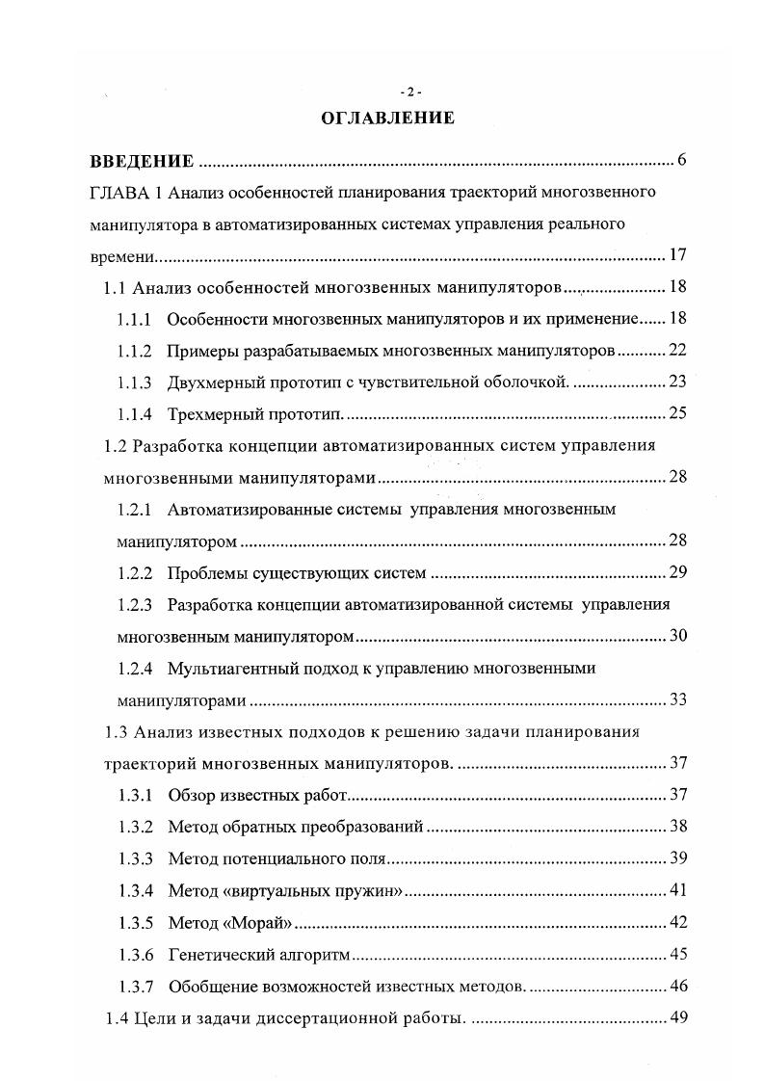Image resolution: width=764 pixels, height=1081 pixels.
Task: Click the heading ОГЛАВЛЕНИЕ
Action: (386, 119)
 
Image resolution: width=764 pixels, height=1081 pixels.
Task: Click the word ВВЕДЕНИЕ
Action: (142, 161)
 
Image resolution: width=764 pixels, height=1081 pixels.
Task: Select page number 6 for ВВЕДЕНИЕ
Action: (681, 160)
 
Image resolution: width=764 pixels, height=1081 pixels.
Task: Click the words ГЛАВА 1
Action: (120, 192)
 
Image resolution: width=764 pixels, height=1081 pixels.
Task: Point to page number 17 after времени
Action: (676, 255)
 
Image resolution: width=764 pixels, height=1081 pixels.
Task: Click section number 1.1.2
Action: (134, 349)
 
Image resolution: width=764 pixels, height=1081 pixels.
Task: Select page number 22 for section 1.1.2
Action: (676, 349)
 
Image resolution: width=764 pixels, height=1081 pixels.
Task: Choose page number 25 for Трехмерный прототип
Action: (676, 413)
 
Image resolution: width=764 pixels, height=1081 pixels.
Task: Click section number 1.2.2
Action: (134, 573)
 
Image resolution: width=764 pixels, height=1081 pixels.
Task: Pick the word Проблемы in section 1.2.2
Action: (204, 573)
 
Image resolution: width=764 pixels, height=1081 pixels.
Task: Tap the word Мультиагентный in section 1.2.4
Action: (227, 668)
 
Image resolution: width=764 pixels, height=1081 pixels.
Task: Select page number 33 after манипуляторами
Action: (676, 699)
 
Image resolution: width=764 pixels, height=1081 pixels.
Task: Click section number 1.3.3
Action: (134, 858)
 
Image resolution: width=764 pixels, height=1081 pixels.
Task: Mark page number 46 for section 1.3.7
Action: (676, 987)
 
